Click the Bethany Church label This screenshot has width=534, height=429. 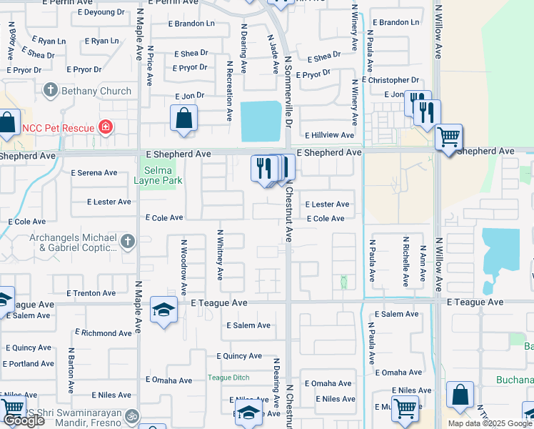pyautogui.click(x=96, y=91)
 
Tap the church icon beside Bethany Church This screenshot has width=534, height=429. pyautogui.click(x=50, y=91)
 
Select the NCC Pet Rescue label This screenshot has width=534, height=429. pyautogui.click(x=58, y=128)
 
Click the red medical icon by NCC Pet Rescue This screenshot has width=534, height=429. pyautogui.click(x=106, y=128)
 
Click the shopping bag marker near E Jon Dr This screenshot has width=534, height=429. pyautogui.click(x=183, y=118)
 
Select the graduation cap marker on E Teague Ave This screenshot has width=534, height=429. pyautogui.click(x=163, y=310)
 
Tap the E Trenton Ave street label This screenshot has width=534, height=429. pyautogui.click(x=91, y=293)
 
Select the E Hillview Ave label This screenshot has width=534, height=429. pyautogui.click(x=329, y=135)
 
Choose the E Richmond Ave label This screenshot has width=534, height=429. pyautogui.click(x=106, y=333)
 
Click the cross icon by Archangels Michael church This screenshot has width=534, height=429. pyautogui.click(x=127, y=242)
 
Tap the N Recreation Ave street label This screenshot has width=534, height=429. pyautogui.click(x=230, y=91)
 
